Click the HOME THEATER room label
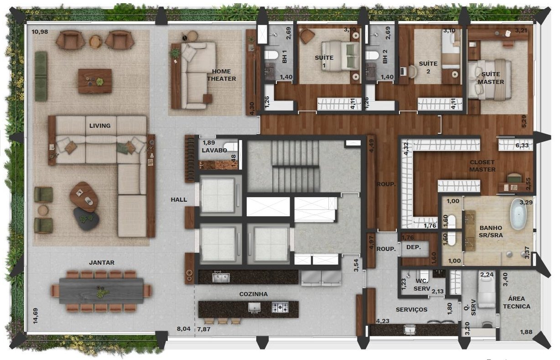(x=221, y=75)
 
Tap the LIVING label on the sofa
(x=100, y=125)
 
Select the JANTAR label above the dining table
(x=102, y=262)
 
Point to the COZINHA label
(x=254, y=294)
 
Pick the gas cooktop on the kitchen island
(x=280, y=307)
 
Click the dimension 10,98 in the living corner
(x=40, y=32)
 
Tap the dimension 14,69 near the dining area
(x=36, y=316)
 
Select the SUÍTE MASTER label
(x=491, y=78)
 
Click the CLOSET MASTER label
(x=482, y=166)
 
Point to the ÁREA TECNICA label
(x=517, y=303)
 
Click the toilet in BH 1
(x=271, y=55)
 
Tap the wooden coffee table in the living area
(x=95, y=81)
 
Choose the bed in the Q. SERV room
(x=487, y=289)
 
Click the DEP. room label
(x=414, y=247)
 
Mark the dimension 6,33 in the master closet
(x=522, y=146)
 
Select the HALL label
(x=179, y=199)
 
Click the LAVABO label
(x=214, y=151)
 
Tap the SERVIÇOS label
(x=411, y=310)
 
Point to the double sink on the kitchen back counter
(x=221, y=277)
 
